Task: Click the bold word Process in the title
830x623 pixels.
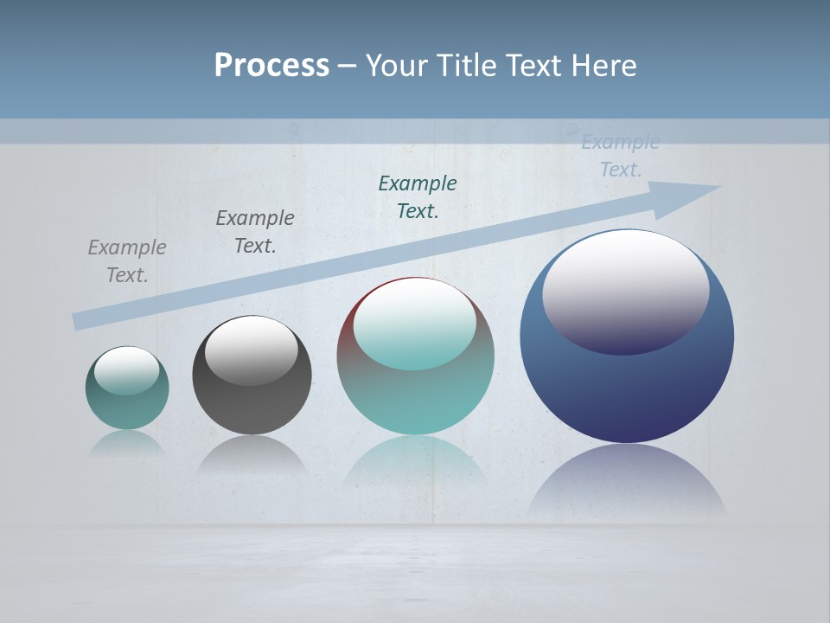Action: pos(271,65)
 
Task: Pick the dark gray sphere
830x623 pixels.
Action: pos(252,407)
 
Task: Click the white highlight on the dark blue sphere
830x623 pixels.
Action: pos(625,290)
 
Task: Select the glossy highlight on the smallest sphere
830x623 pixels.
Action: pos(127,370)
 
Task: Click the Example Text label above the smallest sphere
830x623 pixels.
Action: pos(127,260)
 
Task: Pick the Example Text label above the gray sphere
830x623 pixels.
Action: pos(255,231)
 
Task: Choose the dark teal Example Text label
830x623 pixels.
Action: pos(418,196)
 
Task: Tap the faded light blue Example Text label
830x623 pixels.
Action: pos(621,156)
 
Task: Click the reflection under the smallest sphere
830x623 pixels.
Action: pos(127,444)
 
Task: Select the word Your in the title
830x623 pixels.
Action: pos(393,65)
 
